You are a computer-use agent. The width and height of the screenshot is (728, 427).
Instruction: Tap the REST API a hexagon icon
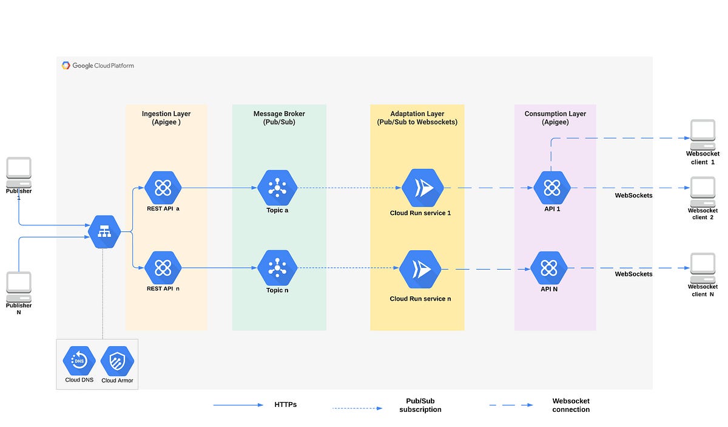pyautogui.click(x=163, y=188)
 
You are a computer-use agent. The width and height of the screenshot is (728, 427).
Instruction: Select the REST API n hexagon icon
pyautogui.click(x=163, y=267)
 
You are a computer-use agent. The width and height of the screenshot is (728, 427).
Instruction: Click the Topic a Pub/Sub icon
pyautogui.click(x=277, y=188)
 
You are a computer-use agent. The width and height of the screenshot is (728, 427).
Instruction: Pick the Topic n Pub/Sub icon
pyautogui.click(x=277, y=267)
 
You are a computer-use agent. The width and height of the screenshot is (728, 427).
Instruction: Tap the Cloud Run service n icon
pyautogui.click(x=420, y=268)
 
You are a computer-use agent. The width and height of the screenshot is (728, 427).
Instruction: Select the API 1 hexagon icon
pyautogui.click(x=552, y=188)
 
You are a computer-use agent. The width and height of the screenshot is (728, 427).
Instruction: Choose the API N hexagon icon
pyautogui.click(x=548, y=268)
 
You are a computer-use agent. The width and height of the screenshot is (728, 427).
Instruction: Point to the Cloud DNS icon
pyautogui.click(x=79, y=361)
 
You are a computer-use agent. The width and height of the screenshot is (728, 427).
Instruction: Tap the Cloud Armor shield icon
pyautogui.click(x=117, y=361)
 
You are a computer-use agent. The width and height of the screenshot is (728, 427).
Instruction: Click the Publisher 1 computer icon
pyautogui.click(x=19, y=172)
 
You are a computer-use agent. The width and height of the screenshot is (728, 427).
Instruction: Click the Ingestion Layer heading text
pyautogui.click(x=166, y=114)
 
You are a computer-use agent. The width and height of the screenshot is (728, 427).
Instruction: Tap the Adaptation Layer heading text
pyautogui.click(x=417, y=114)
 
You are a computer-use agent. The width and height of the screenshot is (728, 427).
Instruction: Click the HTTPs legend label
pyautogui.click(x=285, y=405)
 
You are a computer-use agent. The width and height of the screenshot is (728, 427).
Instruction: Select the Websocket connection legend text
pyautogui.click(x=571, y=405)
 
